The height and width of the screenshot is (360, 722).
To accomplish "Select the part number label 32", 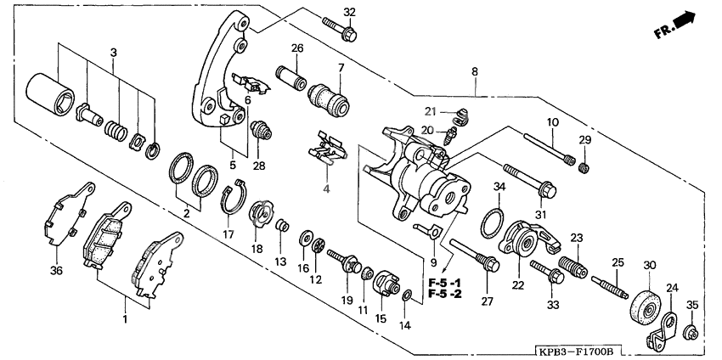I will tap(349, 11).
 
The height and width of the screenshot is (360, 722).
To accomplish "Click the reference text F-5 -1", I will tap(444, 282).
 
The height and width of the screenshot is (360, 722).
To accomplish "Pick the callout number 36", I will tap(56, 271).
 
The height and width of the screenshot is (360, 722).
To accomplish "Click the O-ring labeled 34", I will tap(491, 223).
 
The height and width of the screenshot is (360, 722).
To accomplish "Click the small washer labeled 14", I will tap(408, 295).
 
